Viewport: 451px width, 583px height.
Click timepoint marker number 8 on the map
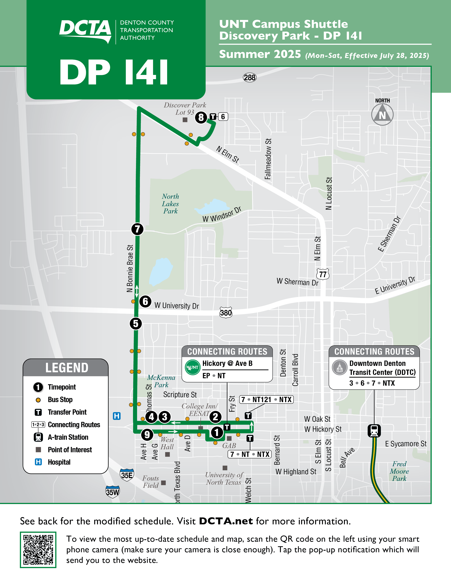point(201,117)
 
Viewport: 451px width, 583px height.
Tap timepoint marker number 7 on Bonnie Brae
point(137,229)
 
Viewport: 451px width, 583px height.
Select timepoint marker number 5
point(136,323)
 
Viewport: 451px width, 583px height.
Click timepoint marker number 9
point(147,435)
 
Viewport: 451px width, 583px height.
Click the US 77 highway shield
point(323,274)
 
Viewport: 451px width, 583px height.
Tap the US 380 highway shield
point(226,312)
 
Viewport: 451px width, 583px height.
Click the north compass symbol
point(382,114)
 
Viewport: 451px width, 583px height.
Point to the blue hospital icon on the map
point(117,416)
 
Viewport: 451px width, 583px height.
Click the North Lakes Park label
point(170,204)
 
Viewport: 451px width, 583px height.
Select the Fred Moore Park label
point(399,471)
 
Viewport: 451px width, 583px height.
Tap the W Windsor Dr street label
point(222,214)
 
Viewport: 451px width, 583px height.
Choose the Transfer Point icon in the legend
point(38,412)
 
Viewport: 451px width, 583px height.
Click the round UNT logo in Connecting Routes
point(193,367)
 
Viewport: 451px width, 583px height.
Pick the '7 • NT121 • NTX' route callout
point(266,399)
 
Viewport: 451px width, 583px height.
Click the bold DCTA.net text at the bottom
point(226,521)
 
